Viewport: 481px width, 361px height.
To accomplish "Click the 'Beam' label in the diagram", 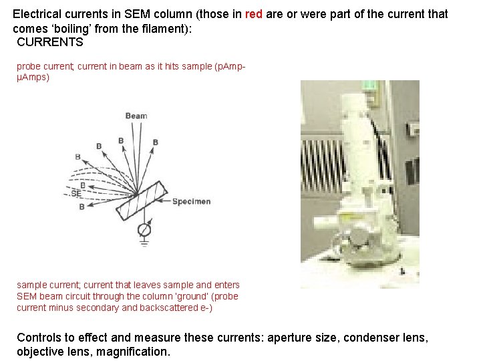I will [x=136, y=116].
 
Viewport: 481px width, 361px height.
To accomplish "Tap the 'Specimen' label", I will [x=192, y=202].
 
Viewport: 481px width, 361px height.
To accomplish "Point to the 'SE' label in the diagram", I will [x=75, y=193].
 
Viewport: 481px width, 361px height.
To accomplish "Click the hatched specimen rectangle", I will [x=141, y=200].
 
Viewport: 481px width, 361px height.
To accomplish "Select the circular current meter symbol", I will [x=144, y=230].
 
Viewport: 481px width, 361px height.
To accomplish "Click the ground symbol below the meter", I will [x=144, y=243].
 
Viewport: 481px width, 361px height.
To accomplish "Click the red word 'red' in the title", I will [x=254, y=14].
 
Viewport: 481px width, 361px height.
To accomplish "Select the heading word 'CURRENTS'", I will [x=50, y=42].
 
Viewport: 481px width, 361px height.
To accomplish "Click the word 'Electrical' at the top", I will [x=37, y=14].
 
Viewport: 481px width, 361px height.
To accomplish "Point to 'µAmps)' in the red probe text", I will [x=33, y=77].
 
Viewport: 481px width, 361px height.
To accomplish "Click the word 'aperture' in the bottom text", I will [x=289, y=338].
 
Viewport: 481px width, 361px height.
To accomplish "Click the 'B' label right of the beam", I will [x=155, y=142].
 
